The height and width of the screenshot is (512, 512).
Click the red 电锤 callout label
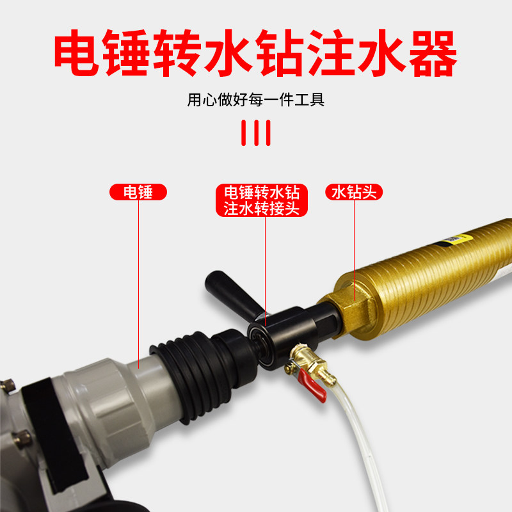tap(138, 191)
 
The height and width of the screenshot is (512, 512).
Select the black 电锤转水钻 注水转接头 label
tap(261, 200)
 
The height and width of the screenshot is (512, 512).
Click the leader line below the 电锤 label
tap(138, 275)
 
